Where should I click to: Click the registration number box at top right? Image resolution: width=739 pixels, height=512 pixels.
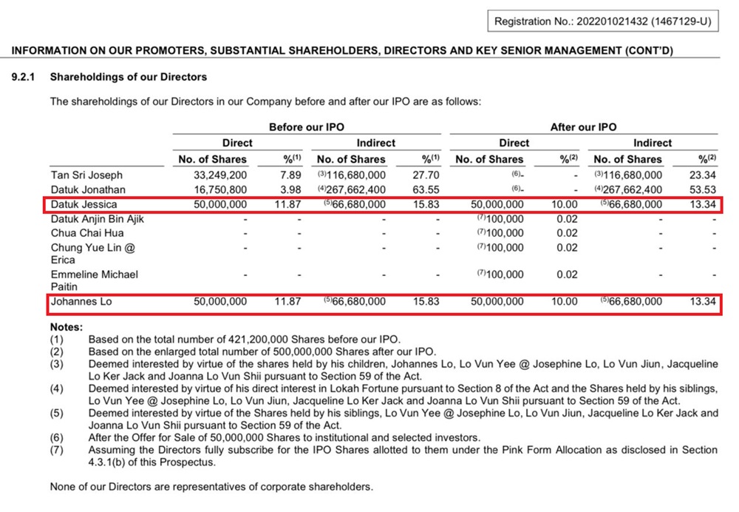pos(602,21)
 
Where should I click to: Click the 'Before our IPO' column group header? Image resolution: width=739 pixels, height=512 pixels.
pos(306,127)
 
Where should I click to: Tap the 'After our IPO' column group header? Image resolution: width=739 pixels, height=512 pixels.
pos(583,127)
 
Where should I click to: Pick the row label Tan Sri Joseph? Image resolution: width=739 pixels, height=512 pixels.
pos(87,175)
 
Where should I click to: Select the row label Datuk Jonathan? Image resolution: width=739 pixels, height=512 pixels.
pos(87,189)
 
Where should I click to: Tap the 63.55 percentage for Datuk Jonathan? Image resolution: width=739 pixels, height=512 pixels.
pos(427,189)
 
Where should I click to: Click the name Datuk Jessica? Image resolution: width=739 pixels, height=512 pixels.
pos(84,204)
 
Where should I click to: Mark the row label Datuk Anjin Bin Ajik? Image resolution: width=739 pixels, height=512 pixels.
pos(98,219)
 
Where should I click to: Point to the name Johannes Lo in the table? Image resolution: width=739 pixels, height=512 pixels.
pos(81,302)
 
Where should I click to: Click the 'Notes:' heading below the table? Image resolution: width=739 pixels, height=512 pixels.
pos(67,327)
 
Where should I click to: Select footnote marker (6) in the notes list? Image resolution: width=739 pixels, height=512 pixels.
pos(57,437)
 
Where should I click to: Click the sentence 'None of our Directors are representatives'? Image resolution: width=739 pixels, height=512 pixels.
pos(211,487)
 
